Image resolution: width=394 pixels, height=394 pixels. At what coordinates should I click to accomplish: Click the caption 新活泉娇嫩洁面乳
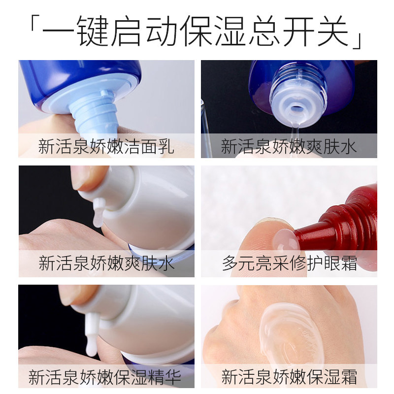[106, 147]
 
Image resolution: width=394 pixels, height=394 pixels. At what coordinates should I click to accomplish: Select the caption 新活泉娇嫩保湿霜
[289, 377]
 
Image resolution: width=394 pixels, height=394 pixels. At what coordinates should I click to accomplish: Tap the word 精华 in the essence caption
[165, 377]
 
